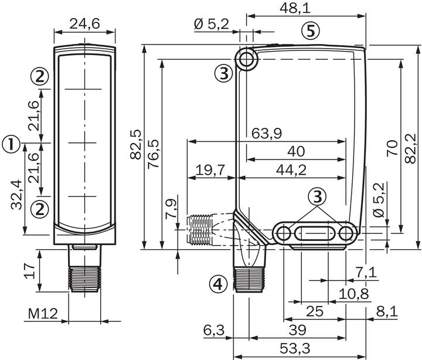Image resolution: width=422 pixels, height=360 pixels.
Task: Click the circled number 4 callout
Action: [217, 285]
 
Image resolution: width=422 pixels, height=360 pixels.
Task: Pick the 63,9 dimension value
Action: [267, 133]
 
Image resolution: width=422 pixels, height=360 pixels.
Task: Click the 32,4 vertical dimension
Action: [17, 195]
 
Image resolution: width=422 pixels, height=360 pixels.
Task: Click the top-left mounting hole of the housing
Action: [247, 59]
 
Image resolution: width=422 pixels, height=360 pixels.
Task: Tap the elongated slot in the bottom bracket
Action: [315, 233]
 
